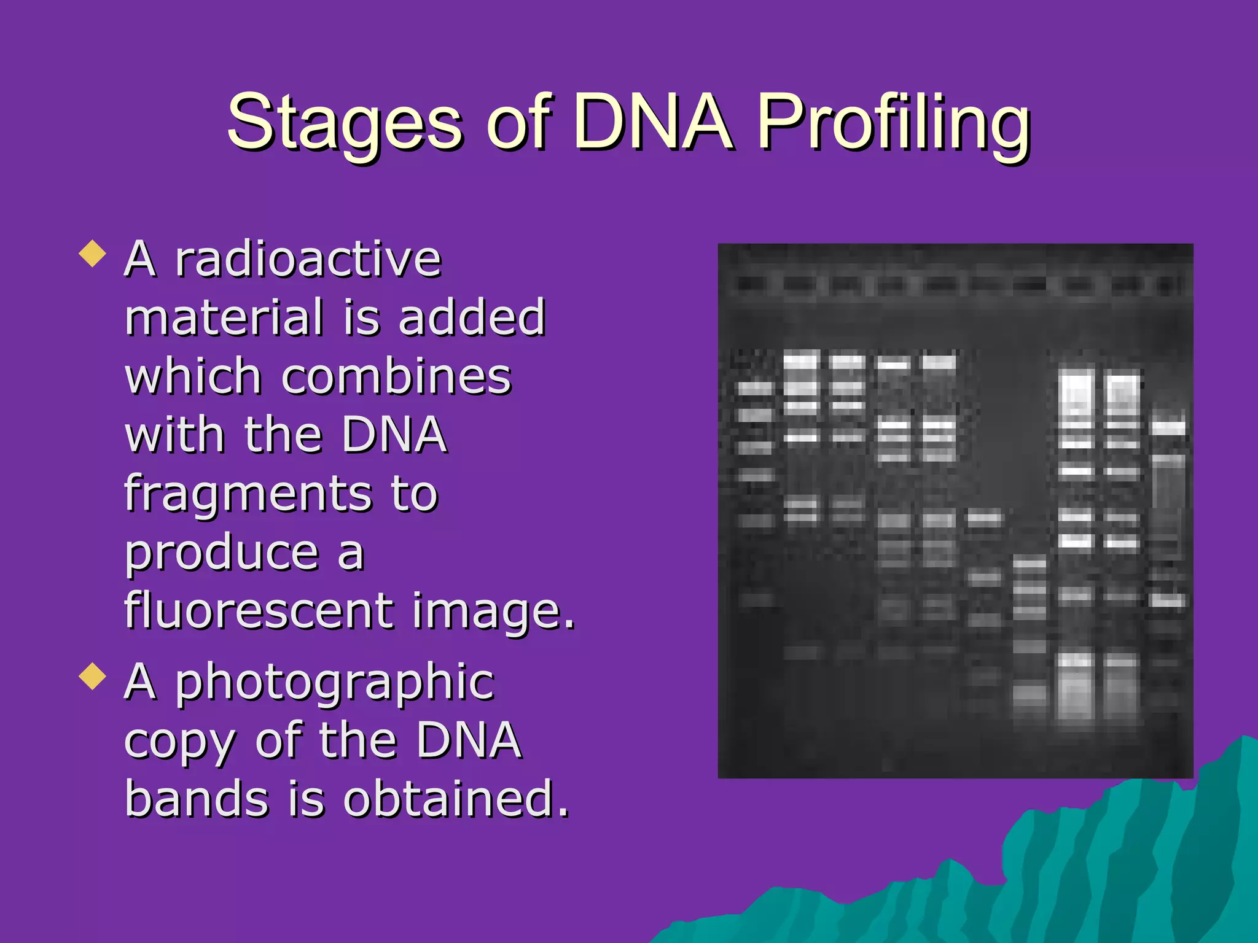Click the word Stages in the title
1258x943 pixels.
[x=344, y=123]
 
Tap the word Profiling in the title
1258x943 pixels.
[x=894, y=123]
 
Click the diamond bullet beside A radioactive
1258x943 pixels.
[x=93, y=254]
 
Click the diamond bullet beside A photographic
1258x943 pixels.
[x=93, y=676]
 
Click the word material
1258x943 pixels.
[x=224, y=317]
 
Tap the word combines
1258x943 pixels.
[x=396, y=376]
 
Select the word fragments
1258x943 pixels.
[x=248, y=495]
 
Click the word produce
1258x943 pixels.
[x=222, y=554]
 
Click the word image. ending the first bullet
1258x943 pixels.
[x=494, y=612]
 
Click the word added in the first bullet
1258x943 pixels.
[x=472, y=317]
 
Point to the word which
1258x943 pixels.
[x=193, y=376]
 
